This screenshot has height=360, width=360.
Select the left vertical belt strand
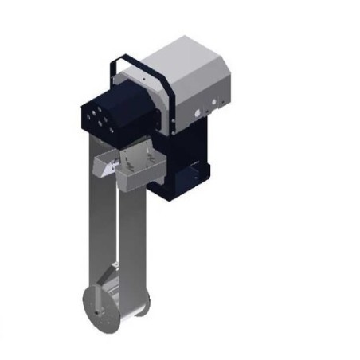coord(97,231)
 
